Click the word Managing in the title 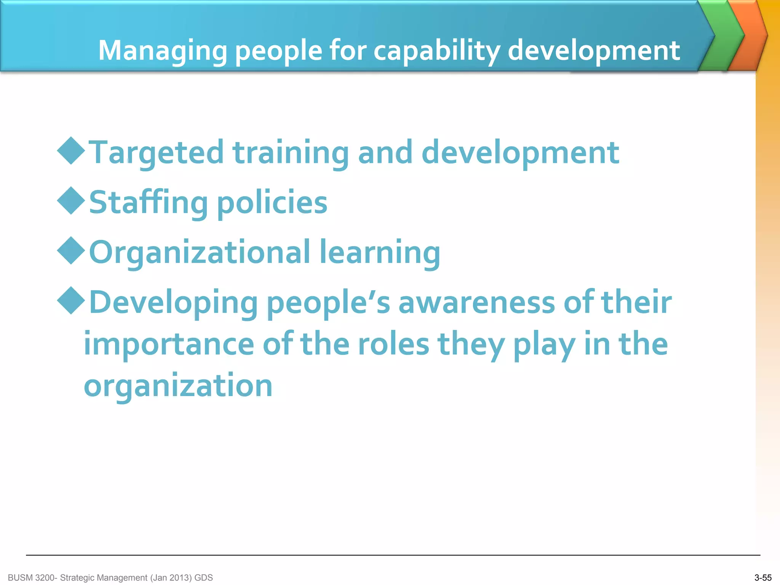click(x=163, y=51)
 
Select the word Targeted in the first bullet click(x=156, y=153)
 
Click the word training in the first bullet click(x=291, y=153)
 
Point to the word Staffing click(x=149, y=203)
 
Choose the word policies click(x=272, y=203)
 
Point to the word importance click(x=169, y=344)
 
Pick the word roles click(x=393, y=344)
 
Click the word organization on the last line click(x=178, y=386)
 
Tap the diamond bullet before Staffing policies click(x=71, y=200)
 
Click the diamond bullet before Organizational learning click(x=71, y=250)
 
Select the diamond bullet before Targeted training click(x=71, y=150)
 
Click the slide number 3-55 click(x=763, y=578)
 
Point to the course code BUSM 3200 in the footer click(x=32, y=578)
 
